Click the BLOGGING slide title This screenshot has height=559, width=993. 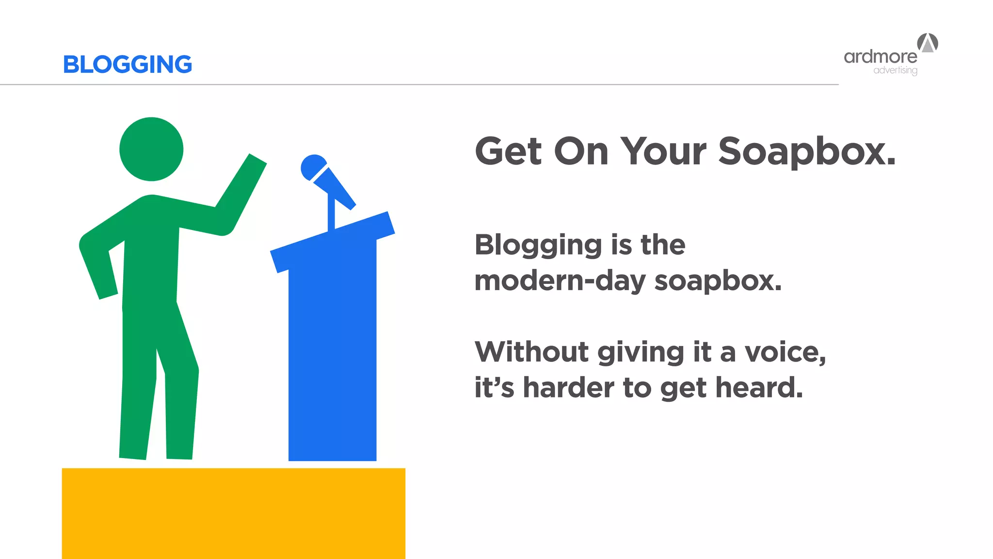point(128,65)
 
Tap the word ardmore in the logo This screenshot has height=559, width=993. point(880,57)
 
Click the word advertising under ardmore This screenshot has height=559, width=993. point(895,70)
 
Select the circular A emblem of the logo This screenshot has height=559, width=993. point(928,43)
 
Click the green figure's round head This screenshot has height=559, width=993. point(151,149)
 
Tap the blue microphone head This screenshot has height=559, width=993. point(313,167)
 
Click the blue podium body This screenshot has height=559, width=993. point(332,349)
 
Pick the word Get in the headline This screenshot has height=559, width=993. point(508,152)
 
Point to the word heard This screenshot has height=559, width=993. point(759,388)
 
